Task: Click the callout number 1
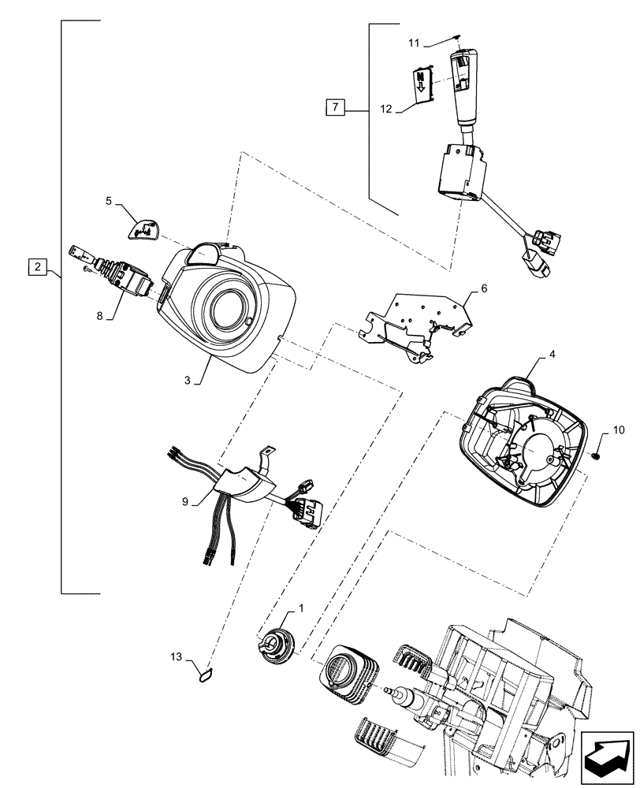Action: (x=300, y=609)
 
